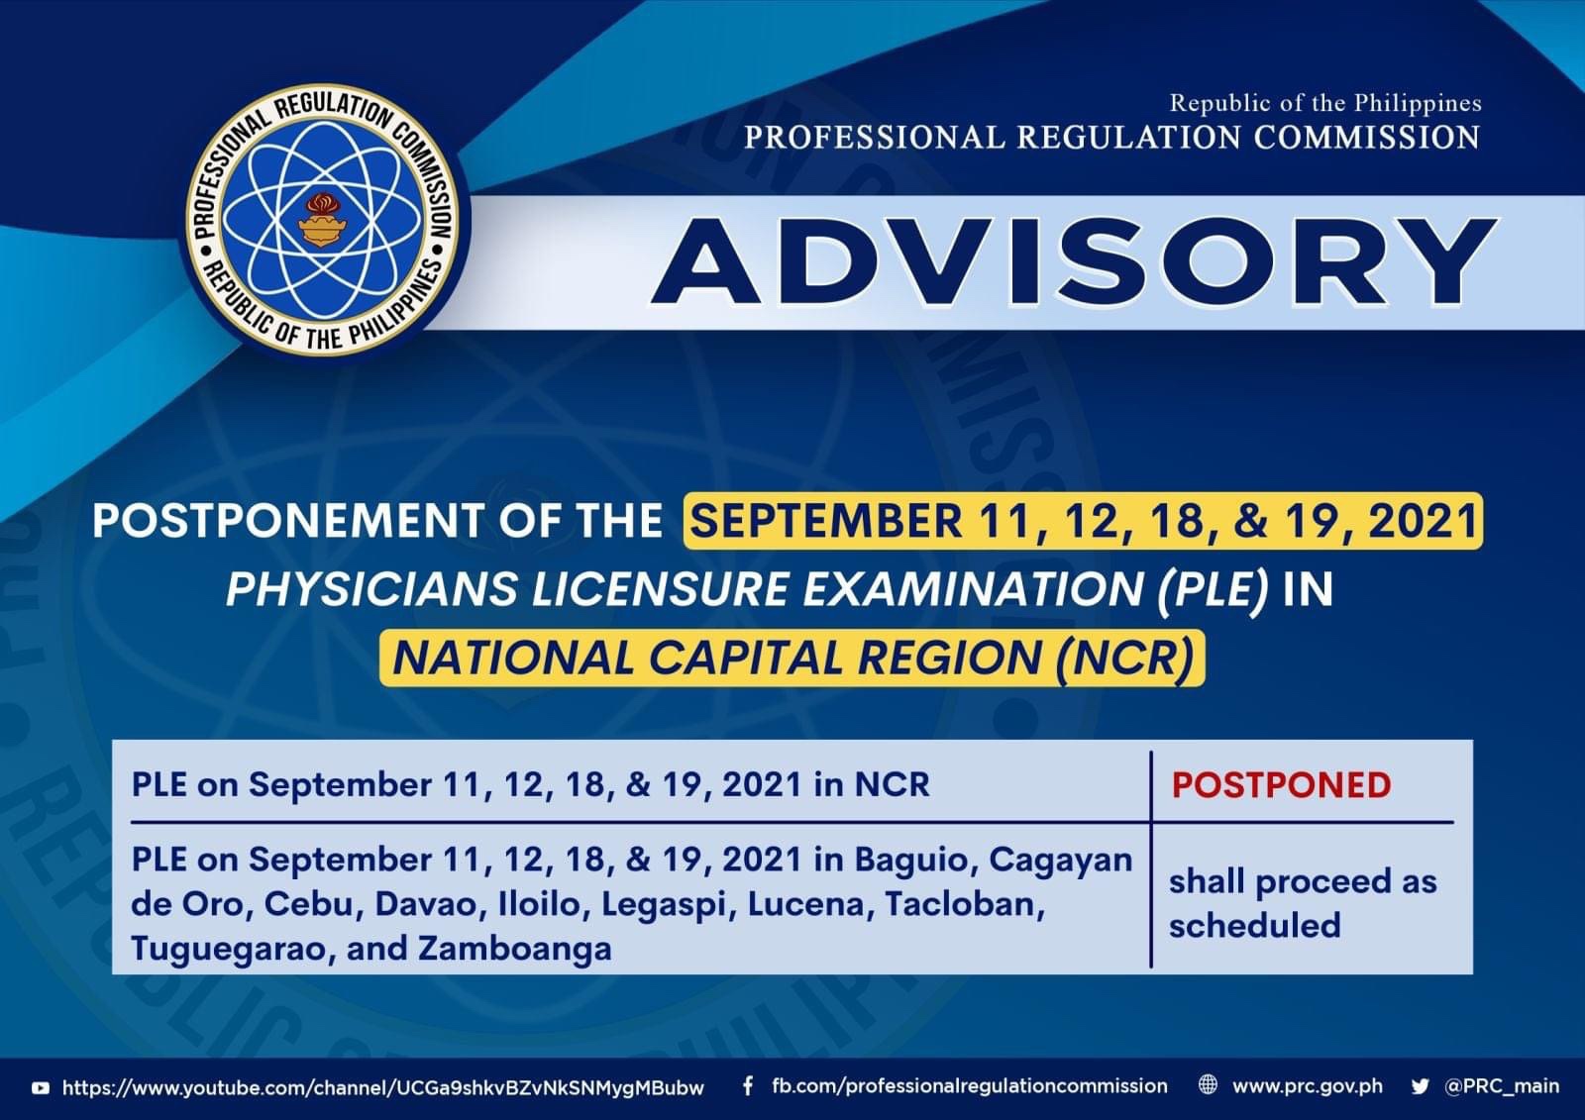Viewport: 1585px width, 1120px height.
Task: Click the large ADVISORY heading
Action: tap(1074, 261)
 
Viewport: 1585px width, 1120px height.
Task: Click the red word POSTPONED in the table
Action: tap(1282, 785)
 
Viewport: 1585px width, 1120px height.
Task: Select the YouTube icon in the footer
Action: tap(41, 1087)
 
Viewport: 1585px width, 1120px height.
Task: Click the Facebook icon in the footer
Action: tap(748, 1086)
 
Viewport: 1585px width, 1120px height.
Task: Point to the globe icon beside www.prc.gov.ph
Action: tap(1209, 1085)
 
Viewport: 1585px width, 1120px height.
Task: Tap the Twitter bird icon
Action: tap(1420, 1086)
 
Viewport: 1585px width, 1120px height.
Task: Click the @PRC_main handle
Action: tap(1502, 1086)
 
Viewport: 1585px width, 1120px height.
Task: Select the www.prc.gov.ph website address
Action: tap(1307, 1086)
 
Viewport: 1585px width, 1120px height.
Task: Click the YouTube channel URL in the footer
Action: tap(383, 1087)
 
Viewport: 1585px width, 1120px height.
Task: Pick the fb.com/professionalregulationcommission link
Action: tap(970, 1086)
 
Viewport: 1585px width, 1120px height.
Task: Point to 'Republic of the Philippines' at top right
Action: tap(1324, 103)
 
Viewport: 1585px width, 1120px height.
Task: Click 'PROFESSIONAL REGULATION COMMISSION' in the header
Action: tap(1110, 138)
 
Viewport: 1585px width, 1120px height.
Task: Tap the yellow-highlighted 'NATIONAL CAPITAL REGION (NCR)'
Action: tap(792, 658)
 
